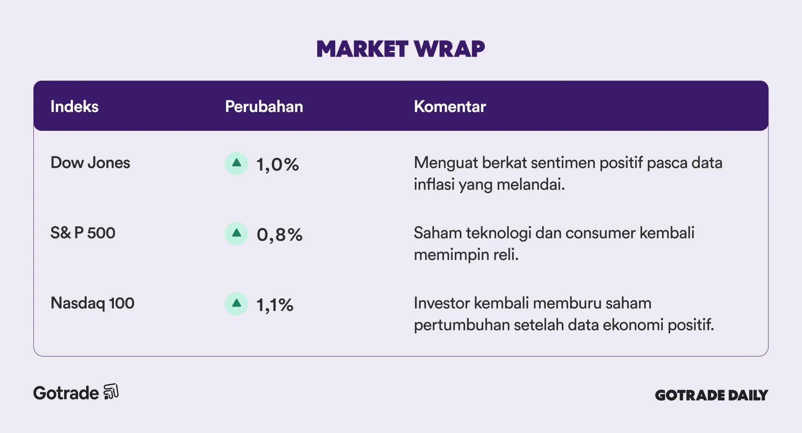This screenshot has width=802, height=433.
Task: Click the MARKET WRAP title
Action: [x=401, y=49]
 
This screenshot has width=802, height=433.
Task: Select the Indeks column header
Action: [x=75, y=106]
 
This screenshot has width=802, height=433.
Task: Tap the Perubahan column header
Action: [x=264, y=106]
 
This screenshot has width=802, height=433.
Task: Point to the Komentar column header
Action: [x=450, y=106]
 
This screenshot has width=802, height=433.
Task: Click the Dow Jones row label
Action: [x=90, y=163]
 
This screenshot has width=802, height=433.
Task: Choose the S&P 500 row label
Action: [x=83, y=233]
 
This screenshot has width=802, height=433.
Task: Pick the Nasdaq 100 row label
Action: [x=92, y=303]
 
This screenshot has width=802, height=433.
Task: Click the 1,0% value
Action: [x=277, y=165]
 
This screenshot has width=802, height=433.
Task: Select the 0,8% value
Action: [x=279, y=235]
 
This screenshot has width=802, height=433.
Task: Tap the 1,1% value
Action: [x=275, y=305]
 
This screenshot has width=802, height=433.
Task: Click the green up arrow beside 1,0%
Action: [x=237, y=163]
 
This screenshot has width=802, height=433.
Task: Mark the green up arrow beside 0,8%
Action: [x=237, y=234]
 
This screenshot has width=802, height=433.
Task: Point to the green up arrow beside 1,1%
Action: [x=237, y=304]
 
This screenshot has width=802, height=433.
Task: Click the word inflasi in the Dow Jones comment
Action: [x=434, y=184]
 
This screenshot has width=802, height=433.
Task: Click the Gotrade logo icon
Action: [x=111, y=392]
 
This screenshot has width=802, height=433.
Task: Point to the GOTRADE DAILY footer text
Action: [x=711, y=395]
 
